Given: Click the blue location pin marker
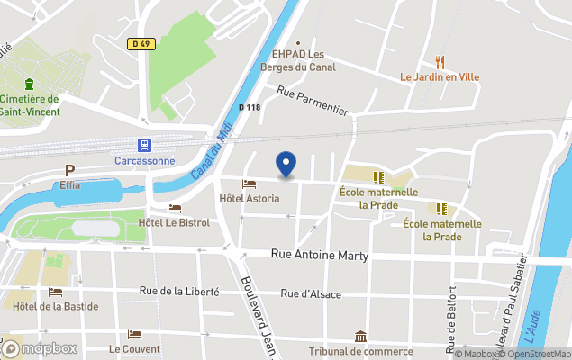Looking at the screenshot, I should pos(286,164).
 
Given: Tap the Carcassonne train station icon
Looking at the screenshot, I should pos(143,144).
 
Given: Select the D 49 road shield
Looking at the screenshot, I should pos(140,42).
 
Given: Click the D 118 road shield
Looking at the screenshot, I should pos(250,107).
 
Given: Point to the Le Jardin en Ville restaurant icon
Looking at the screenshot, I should pos(440,62).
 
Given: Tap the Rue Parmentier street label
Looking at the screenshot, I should pos(313,100).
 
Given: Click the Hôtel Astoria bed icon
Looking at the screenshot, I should pos(250,184).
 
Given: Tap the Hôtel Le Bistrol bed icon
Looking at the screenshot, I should pos(174,209).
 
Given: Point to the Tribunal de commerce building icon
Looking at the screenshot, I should pos(359,337).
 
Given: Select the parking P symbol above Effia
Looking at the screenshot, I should pos(69,171).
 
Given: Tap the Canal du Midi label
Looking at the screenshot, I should pos(208,149).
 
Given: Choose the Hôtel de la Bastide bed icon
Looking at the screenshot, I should pos(56,292).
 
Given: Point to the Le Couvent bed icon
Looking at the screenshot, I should pos(134,335).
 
